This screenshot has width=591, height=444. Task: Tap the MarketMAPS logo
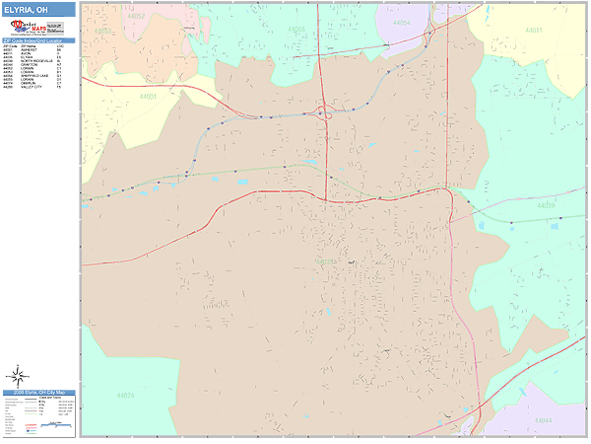tap(38, 29)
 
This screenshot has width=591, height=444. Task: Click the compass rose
tap(18, 376)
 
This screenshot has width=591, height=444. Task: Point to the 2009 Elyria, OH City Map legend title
tap(38, 392)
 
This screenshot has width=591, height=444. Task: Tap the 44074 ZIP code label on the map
tap(125, 395)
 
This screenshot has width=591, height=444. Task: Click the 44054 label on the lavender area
tap(400, 21)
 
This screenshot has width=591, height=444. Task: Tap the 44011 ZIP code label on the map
tap(533, 30)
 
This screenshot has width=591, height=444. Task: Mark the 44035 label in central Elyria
tap(324, 261)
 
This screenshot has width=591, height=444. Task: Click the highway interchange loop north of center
tap(324, 111)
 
